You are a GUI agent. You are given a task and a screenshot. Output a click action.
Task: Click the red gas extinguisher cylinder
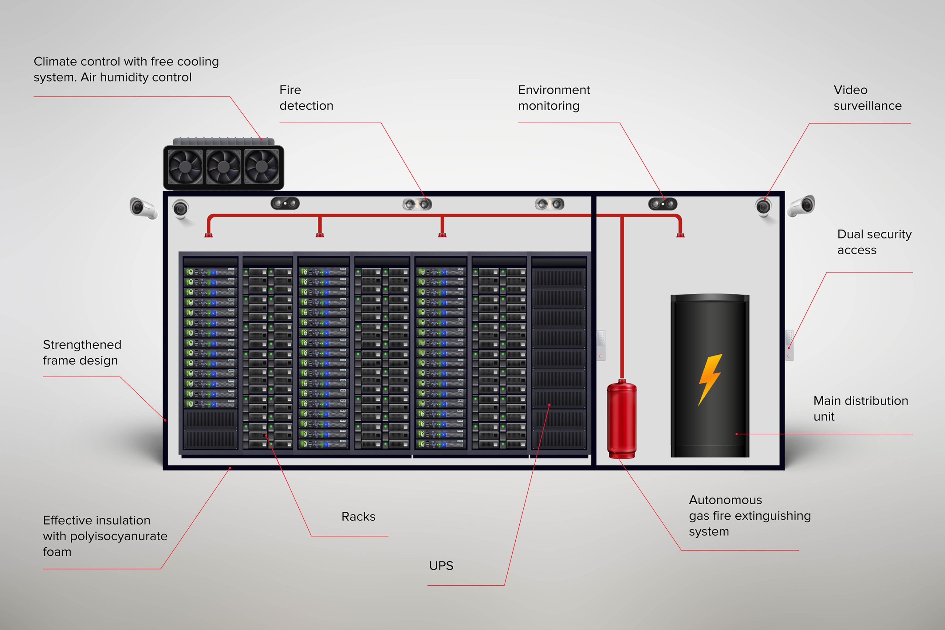point(622,420)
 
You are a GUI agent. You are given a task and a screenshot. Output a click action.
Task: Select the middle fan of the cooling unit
point(223,166)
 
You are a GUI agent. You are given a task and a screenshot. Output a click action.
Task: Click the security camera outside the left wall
point(143,208)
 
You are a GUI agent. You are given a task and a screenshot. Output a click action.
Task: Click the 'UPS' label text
point(441,566)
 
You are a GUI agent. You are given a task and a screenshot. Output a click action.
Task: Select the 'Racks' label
point(358,516)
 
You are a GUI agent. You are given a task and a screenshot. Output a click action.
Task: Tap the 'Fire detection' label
point(306,98)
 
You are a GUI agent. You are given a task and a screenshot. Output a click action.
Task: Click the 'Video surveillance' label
point(867,98)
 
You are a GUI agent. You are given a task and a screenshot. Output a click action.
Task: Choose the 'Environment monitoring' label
point(554,98)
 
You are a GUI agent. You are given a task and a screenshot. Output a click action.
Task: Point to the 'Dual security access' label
point(874,242)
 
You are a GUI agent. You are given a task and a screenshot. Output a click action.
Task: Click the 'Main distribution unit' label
point(860,408)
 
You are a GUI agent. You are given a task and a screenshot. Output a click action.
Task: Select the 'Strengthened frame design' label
point(82,352)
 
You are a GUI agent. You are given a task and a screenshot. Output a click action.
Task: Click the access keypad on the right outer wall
point(789,345)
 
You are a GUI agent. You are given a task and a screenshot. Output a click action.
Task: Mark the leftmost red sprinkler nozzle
point(209,234)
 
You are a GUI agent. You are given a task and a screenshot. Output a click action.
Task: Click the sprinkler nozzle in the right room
point(680,234)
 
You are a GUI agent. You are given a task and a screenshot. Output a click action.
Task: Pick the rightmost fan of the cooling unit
point(262,166)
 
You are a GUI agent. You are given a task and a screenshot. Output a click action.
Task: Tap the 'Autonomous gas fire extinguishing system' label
point(749,516)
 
